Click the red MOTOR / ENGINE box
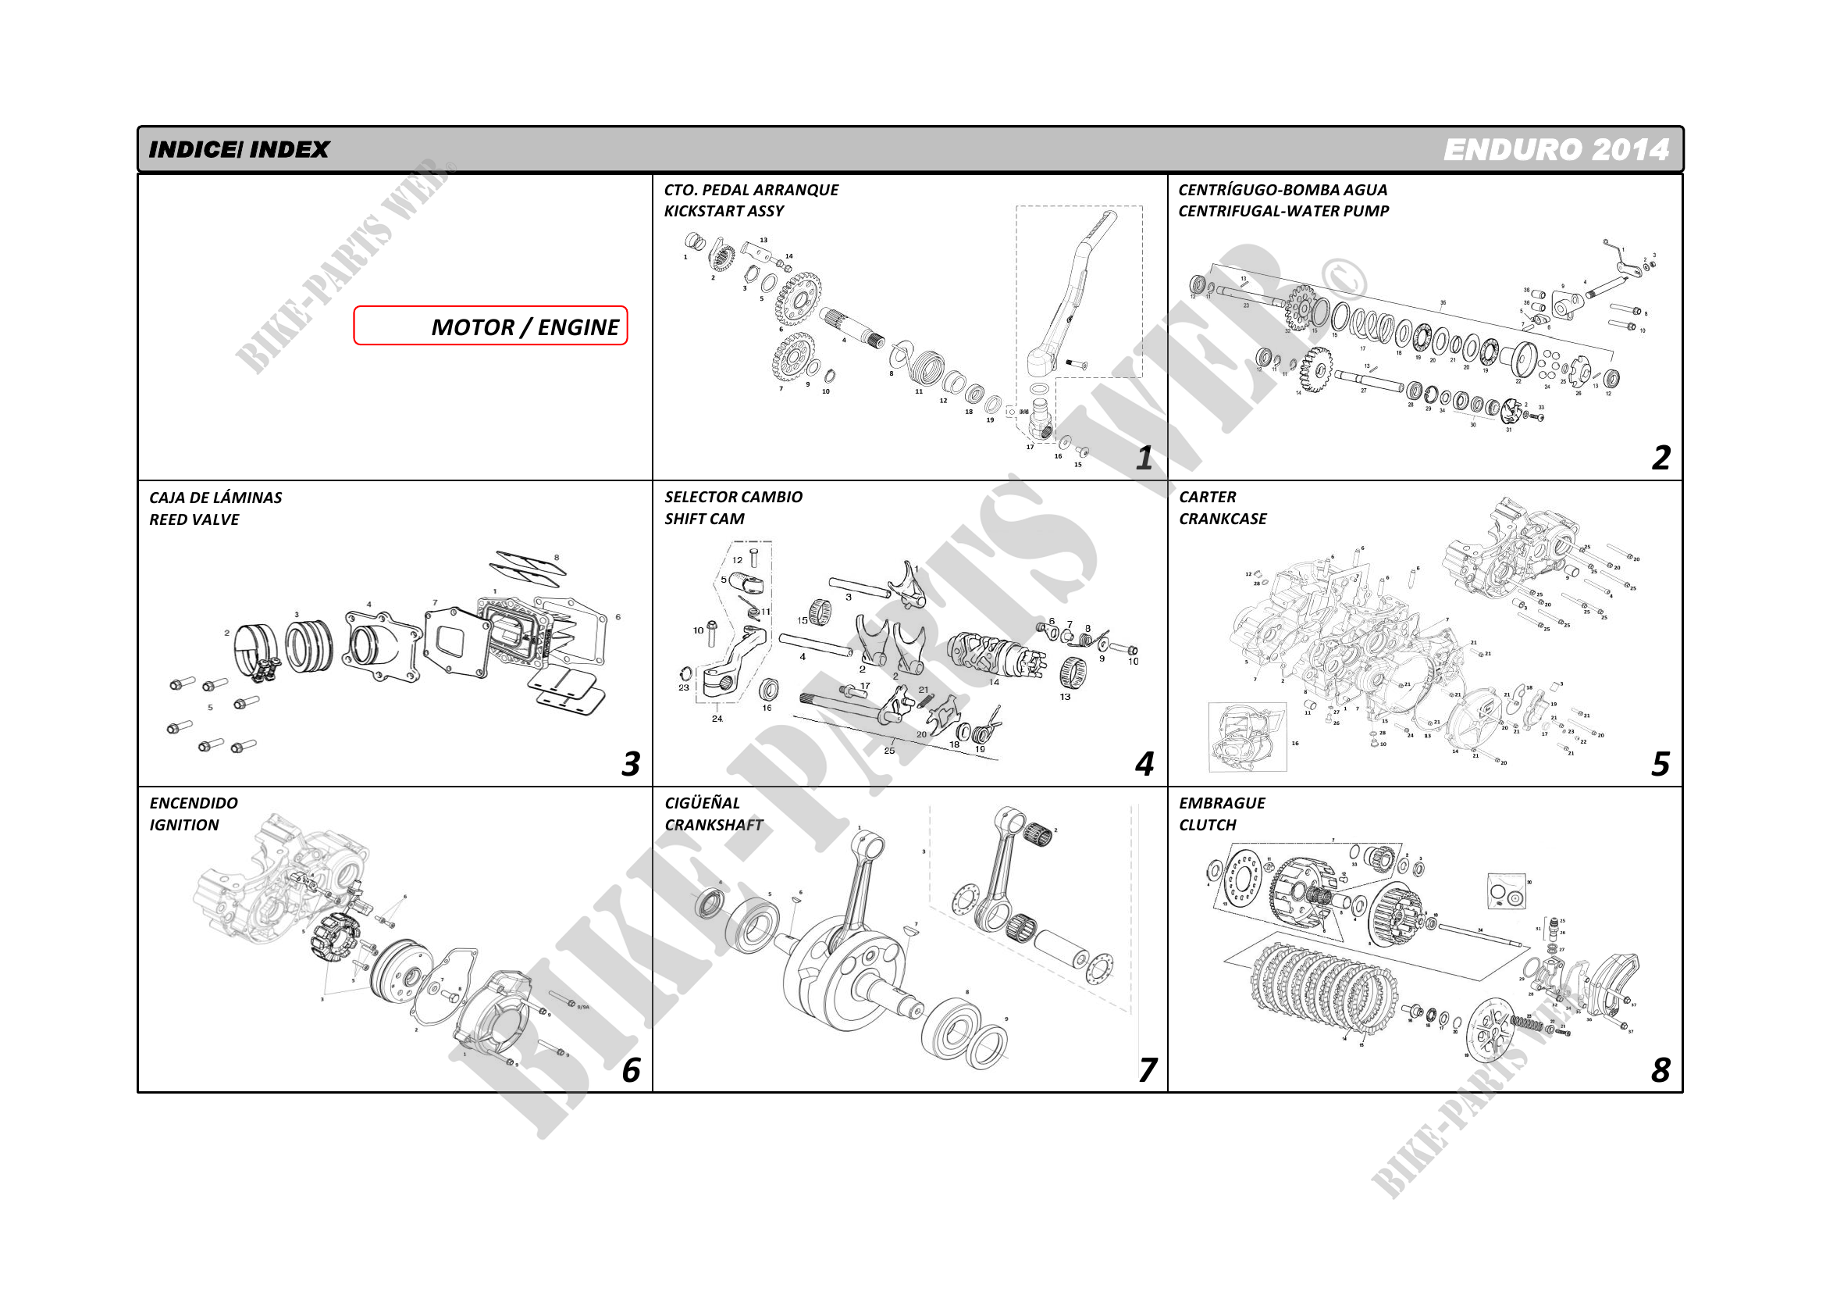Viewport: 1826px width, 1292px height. (x=491, y=326)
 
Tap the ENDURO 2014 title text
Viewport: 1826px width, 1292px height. (x=1556, y=149)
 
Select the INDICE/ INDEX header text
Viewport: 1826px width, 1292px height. (x=239, y=149)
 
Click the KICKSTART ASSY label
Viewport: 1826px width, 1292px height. (x=724, y=212)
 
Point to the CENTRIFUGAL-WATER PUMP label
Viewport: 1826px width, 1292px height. (x=1283, y=212)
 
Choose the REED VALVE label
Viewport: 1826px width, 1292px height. (x=194, y=519)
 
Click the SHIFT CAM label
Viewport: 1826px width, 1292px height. (x=705, y=519)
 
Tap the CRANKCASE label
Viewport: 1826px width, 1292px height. (x=1223, y=519)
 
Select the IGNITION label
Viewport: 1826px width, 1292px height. (x=183, y=825)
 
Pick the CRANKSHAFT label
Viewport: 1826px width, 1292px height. (x=714, y=825)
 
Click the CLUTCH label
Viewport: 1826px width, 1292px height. (x=1207, y=825)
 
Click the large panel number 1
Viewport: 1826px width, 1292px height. (x=1144, y=458)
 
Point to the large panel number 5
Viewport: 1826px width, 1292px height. (x=1660, y=764)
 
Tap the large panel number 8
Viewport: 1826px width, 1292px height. (x=1660, y=1070)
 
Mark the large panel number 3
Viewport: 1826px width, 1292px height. (x=630, y=764)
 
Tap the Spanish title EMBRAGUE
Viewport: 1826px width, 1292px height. (x=1222, y=804)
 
